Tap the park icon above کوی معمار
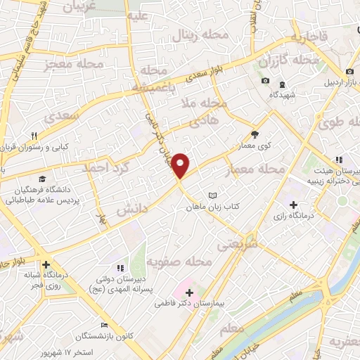[x=254, y=135]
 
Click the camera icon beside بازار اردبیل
[x=349, y=72]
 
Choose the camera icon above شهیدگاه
[x=265, y=81]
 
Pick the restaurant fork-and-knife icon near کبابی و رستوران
[x=33, y=136]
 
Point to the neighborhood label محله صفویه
[x=179, y=262]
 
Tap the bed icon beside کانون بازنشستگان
[x=105, y=325]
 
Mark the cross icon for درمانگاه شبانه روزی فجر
[x=46, y=265]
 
